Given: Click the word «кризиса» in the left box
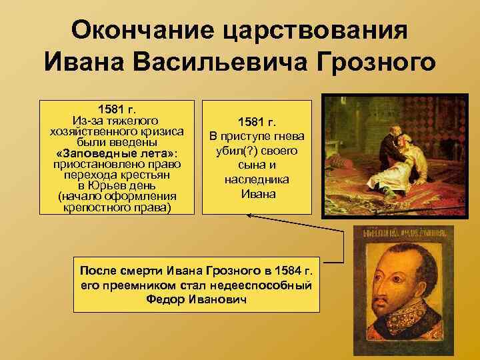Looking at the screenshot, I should point(159,131).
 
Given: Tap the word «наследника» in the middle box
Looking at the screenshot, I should point(257,180).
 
